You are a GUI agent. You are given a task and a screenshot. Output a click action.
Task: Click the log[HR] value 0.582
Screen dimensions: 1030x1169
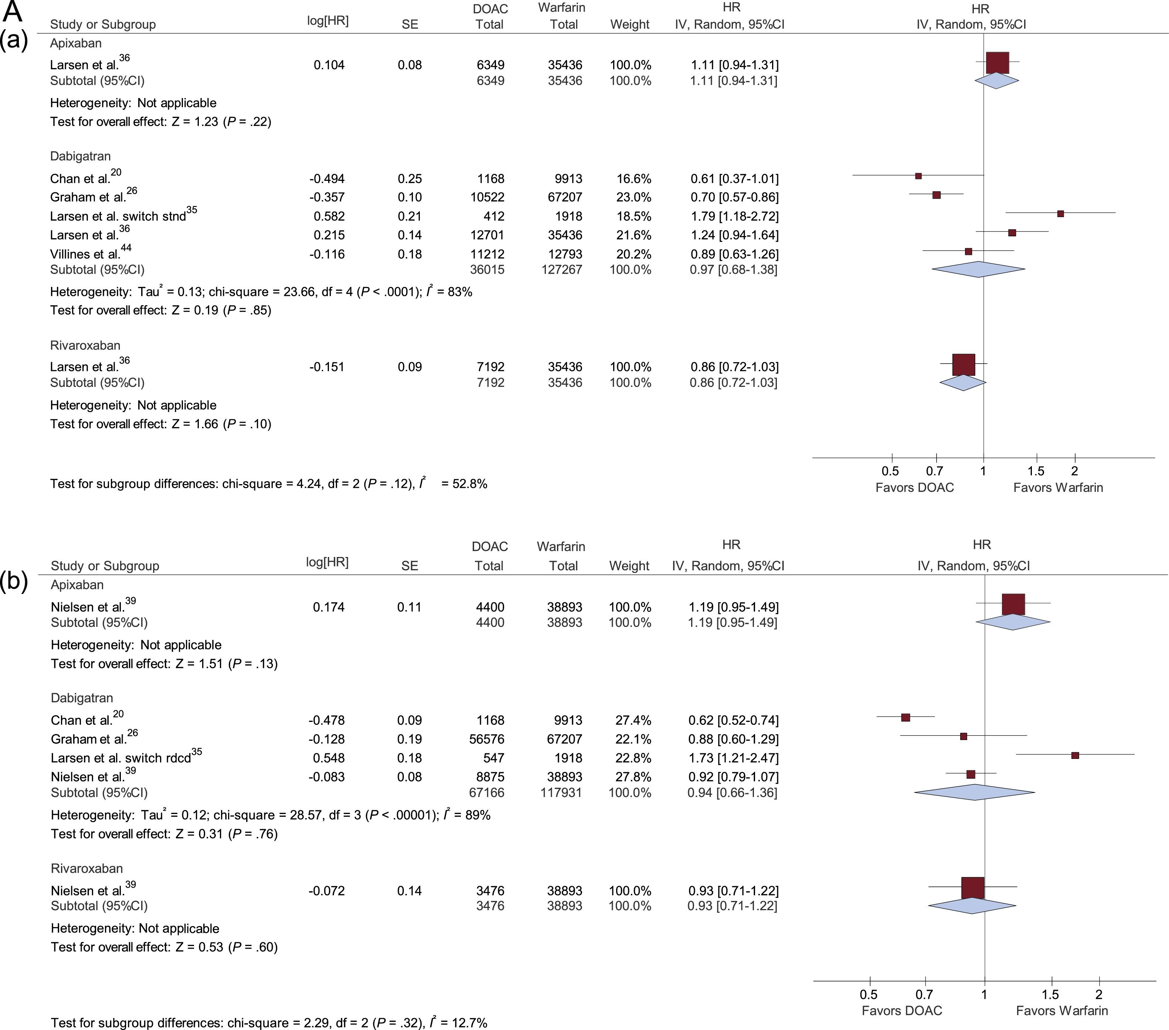pyautogui.click(x=329, y=216)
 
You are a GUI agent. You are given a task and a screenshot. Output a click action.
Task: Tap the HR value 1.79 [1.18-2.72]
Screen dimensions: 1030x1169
pyautogui.click(x=734, y=216)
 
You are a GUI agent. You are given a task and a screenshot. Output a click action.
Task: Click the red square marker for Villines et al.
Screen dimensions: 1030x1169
pyautogui.click(x=968, y=251)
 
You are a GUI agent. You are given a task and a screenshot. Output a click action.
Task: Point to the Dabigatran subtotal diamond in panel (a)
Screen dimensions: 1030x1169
pyautogui.click(x=979, y=270)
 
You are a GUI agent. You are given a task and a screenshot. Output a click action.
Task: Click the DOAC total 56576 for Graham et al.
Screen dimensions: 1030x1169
pyautogui.click(x=486, y=739)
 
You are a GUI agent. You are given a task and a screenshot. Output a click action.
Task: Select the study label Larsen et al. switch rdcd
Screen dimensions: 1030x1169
pyautogui.click(x=121, y=758)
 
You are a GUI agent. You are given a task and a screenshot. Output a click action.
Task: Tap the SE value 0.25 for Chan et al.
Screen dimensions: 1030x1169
pyautogui.click(x=410, y=179)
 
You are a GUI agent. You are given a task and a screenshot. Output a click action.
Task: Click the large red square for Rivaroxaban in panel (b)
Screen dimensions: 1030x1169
pyautogui.click(x=973, y=888)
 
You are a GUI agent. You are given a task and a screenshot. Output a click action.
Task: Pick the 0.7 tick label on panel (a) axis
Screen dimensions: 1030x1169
pyautogui.click(x=935, y=472)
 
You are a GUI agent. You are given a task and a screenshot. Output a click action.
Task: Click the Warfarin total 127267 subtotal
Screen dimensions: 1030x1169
pyautogui.click(x=562, y=270)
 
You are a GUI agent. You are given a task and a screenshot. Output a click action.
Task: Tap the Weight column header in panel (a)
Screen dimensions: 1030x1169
pyautogui.click(x=630, y=24)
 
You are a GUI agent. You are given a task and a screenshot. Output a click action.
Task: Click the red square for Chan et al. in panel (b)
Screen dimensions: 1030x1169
pyautogui.click(x=905, y=717)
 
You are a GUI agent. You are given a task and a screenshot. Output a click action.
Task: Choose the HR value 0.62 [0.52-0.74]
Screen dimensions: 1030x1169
pyautogui.click(x=733, y=720)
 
